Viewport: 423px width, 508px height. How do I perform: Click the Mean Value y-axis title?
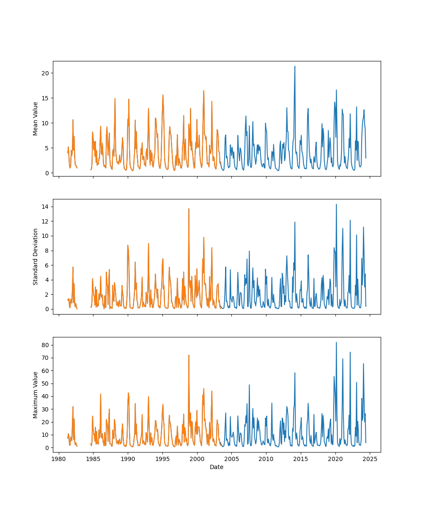36,119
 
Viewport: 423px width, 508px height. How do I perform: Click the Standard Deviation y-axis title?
36,257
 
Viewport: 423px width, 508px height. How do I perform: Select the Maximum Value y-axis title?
36,395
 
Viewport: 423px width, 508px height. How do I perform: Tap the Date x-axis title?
217,467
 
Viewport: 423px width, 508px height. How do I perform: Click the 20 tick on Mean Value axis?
45,73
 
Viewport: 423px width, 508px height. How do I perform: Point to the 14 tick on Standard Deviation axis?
45,207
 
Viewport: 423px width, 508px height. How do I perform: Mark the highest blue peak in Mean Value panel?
295,66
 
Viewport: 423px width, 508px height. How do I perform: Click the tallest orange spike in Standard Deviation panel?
189,209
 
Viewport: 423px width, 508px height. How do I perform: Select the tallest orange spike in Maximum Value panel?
189,356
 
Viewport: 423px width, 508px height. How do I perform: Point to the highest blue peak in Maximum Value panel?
336,342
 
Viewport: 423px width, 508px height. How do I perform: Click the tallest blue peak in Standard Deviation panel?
336,204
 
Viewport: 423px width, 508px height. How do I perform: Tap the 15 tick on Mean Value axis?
45,98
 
